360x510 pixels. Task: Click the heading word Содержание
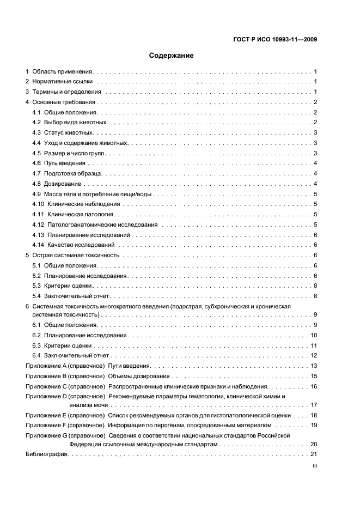172,55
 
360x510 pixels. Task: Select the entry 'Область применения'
63,71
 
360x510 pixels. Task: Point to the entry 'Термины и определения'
66,92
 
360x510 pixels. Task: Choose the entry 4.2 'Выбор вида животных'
75,123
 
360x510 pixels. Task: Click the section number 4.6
36,163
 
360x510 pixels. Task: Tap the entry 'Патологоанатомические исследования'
102,224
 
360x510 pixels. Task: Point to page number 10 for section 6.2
314,335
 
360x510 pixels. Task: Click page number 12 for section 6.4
314,356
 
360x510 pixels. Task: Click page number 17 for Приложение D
314,405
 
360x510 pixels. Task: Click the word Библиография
46,454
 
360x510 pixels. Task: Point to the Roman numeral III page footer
314,466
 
